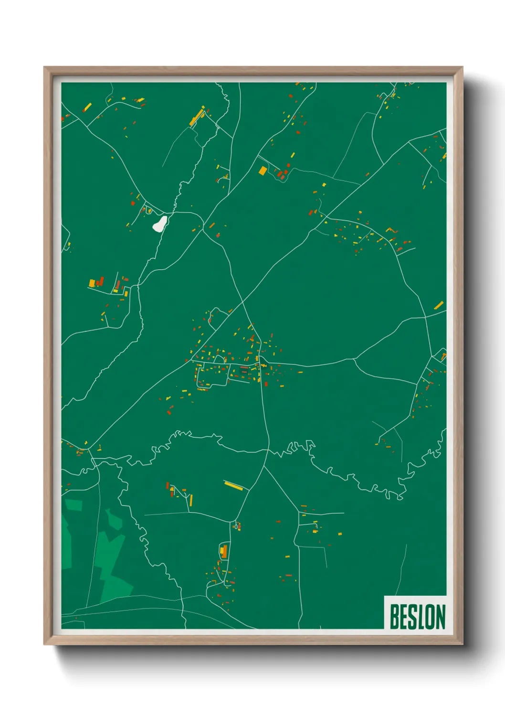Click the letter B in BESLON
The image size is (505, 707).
pyautogui.click(x=395, y=617)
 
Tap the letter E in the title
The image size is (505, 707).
pyautogui.click(x=405, y=617)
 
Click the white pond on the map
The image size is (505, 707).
pyautogui.click(x=160, y=223)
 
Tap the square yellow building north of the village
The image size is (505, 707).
pyautogui.click(x=263, y=170)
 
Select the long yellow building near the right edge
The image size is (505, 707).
pyautogui.click(x=439, y=305)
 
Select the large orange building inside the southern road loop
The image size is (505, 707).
pyautogui.click(x=223, y=552)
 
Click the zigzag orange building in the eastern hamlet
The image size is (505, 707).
pyautogui.click(x=392, y=230)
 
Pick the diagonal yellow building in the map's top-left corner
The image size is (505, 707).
pyautogui.click(x=87, y=107)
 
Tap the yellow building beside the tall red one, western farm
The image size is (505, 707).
pyautogui.click(x=92, y=283)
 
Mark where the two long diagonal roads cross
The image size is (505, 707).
pyautogui.click(x=242, y=302)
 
